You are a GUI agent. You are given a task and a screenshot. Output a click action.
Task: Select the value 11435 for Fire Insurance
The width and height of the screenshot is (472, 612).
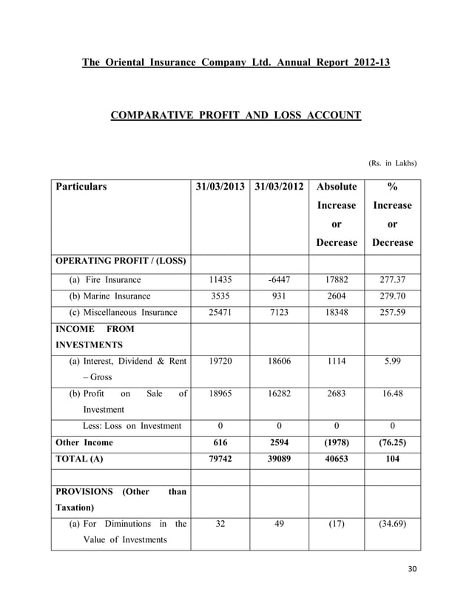point(220,281)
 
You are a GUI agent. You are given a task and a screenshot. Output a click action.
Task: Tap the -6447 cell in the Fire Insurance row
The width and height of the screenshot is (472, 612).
point(279,281)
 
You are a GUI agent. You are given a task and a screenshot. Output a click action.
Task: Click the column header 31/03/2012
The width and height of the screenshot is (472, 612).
point(279,187)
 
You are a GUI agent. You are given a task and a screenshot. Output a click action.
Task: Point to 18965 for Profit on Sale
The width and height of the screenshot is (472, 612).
point(220,393)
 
